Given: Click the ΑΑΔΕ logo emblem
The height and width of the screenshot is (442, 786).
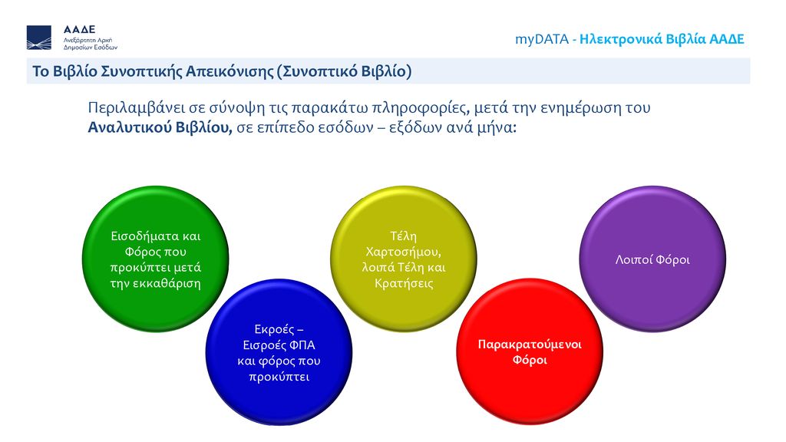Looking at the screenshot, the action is (x=39, y=38).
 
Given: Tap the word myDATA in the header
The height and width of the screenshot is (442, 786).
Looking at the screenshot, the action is (x=542, y=39).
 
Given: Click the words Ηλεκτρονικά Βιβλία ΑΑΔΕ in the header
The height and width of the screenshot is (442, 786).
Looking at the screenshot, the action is (x=662, y=39).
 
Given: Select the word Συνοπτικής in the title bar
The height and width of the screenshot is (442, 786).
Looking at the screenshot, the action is (x=141, y=71).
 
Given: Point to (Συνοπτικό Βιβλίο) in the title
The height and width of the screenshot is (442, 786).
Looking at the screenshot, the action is (x=344, y=71).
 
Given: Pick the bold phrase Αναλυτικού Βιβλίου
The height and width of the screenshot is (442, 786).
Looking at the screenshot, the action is (x=160, y=127).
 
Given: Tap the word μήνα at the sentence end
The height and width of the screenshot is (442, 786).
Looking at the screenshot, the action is (x=494, y=128).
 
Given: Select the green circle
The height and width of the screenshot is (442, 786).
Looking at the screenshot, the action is (x=155, y=259).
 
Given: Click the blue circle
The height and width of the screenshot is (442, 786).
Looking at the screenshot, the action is (x=279, y=352).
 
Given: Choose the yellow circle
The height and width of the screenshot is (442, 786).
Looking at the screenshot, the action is (x=404, y=259).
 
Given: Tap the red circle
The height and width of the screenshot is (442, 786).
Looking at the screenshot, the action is (x=530, y=351).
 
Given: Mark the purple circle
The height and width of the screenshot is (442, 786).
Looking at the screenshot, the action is (x=652, y=259).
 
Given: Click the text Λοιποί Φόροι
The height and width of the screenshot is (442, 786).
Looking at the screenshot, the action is (x=652, y=259).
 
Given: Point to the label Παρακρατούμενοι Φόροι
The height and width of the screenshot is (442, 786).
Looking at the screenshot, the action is (x=530, y=351).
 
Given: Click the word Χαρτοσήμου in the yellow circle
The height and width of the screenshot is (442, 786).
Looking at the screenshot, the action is (x=404, y=252).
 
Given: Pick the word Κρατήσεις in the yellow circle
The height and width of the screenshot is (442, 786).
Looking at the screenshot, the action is (x=404, y=283).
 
